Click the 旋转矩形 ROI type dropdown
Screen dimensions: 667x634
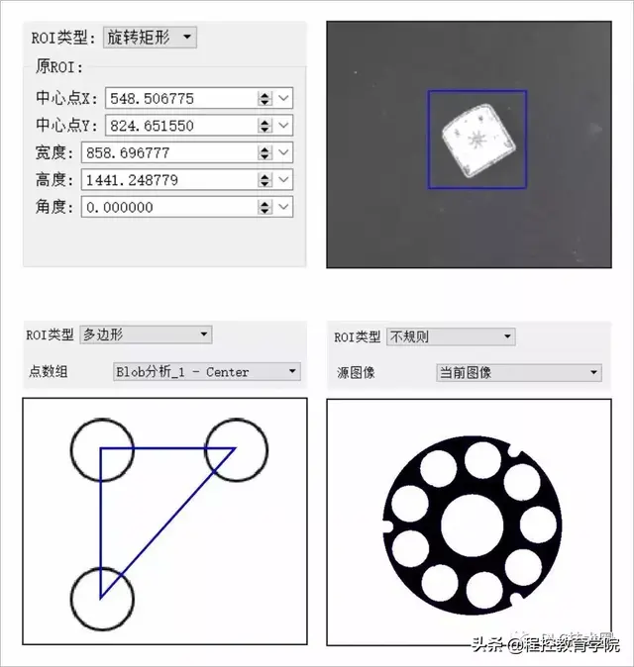click(150, 38)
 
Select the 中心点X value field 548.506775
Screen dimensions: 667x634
click(168, 98)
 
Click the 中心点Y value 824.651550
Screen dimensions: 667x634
click(168, 126)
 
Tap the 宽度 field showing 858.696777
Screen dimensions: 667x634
click(168, 152)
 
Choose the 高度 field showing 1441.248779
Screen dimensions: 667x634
click(168, 180)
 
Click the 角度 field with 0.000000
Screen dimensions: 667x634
click(168, 207)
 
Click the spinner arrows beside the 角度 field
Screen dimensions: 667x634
click(264, 207)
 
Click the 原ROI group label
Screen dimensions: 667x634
click(59, 67)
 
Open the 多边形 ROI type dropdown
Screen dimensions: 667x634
click(146, 335)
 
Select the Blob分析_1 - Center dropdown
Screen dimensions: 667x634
click(206, 372)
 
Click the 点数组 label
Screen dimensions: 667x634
click(50, 372)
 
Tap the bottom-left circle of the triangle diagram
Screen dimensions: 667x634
click(101, 598)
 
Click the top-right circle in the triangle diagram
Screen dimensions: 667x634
click(236, 448)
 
